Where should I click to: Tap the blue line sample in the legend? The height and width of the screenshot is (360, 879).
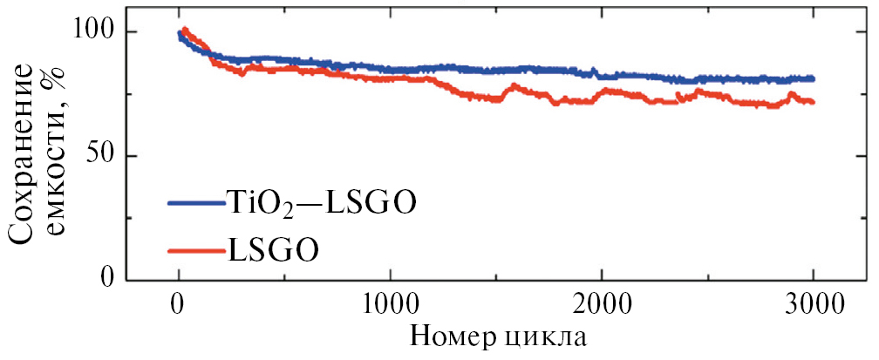tap(197, 202)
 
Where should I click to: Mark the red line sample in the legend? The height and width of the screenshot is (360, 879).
tap(197, 251)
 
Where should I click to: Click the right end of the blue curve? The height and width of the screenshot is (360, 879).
tap(813, 78)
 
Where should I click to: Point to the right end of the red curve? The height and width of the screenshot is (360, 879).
tap(813, 102)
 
